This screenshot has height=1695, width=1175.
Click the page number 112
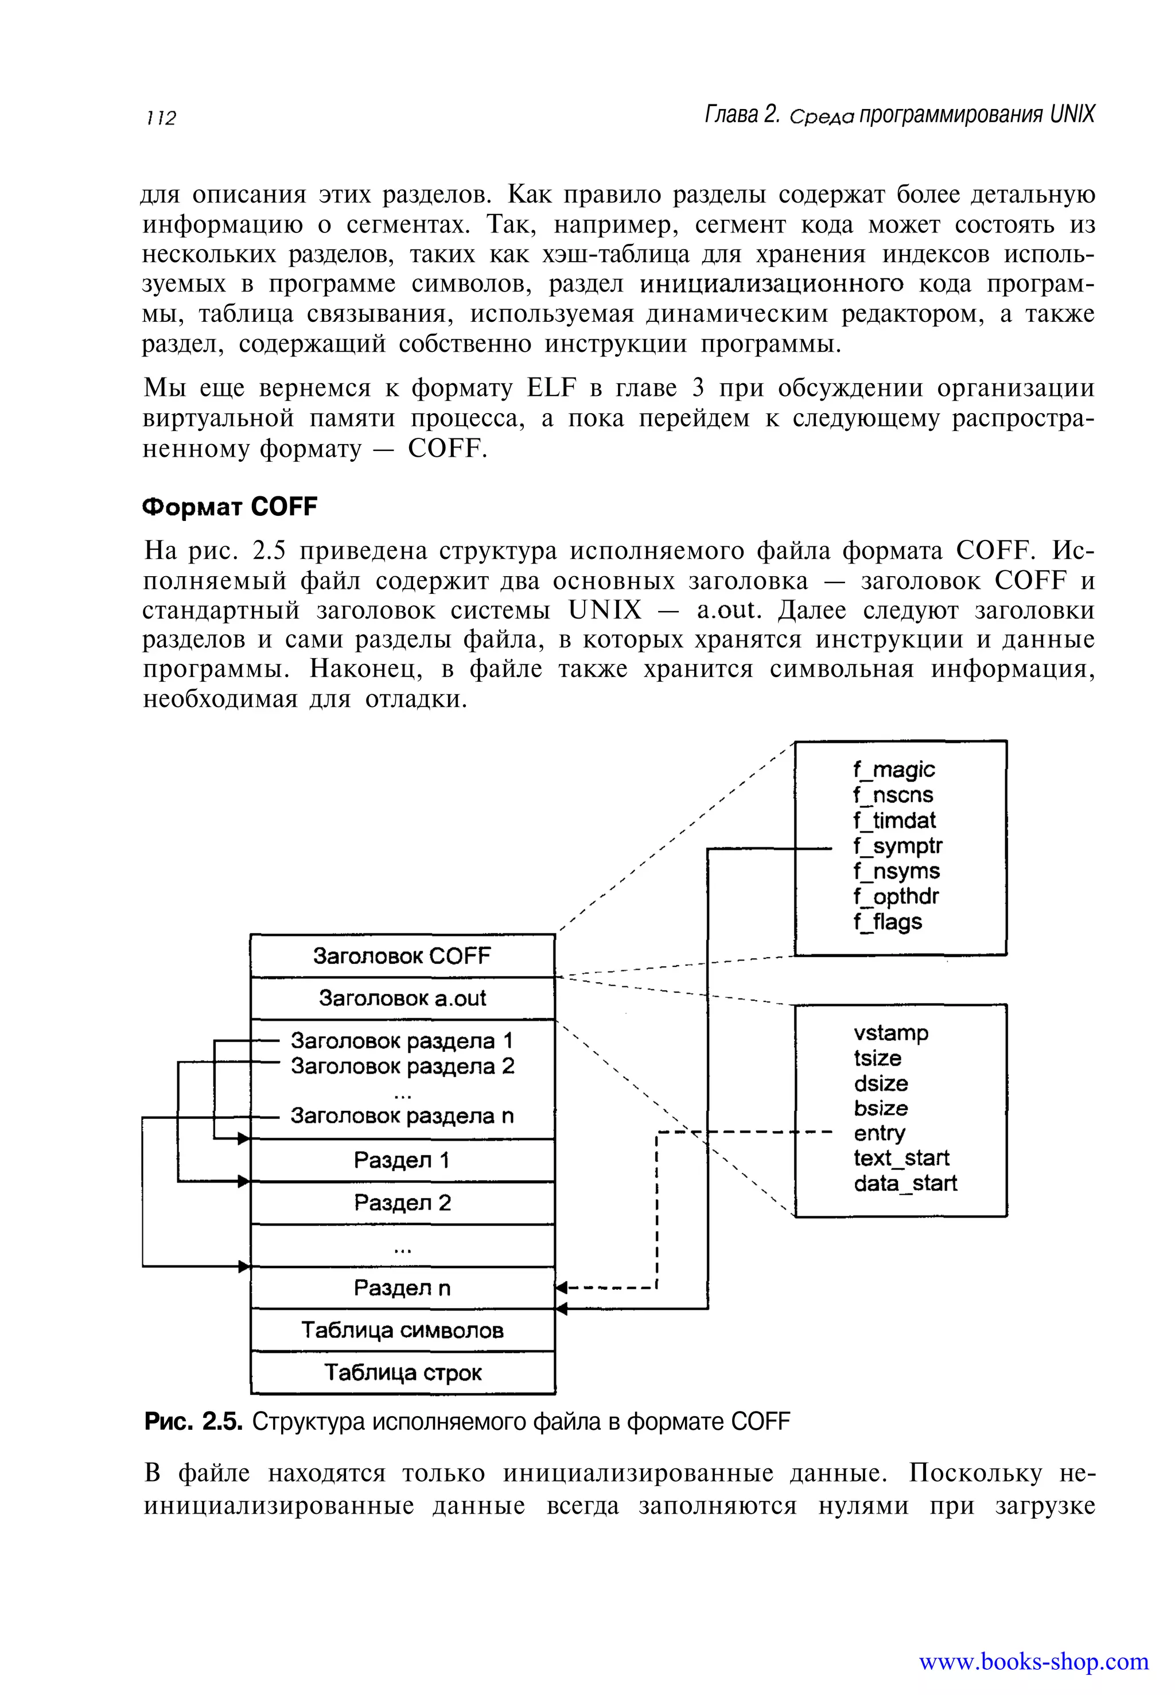(x=161, y=118)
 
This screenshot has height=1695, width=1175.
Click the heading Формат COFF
(x=229, y=507)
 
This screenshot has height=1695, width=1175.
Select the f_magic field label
(x=893, y=769)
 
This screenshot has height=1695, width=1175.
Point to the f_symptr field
(x=897, y=846)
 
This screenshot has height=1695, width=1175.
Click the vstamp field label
(x=891, y=1032)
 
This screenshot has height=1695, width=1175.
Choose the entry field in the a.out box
(x=879, y=1133)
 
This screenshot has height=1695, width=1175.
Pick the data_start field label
(x=905, y=1183)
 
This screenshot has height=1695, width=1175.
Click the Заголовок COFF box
(x=402, y=956)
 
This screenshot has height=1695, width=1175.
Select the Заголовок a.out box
(x=402, y=998)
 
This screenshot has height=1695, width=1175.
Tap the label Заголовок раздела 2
(x=402, y=1066)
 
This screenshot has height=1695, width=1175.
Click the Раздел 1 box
(x=402, y=1160)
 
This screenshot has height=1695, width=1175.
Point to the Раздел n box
(x=402, y=1288)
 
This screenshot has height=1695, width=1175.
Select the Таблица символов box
(x=402, y=1330)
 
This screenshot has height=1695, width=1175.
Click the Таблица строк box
(x=402, y=1373)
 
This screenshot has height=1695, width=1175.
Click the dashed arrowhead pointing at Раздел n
(x=561, y=1288)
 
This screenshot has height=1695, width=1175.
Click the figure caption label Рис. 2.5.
(x=193, y=1422)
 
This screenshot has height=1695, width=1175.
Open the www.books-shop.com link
(x=1033, y=1662)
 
